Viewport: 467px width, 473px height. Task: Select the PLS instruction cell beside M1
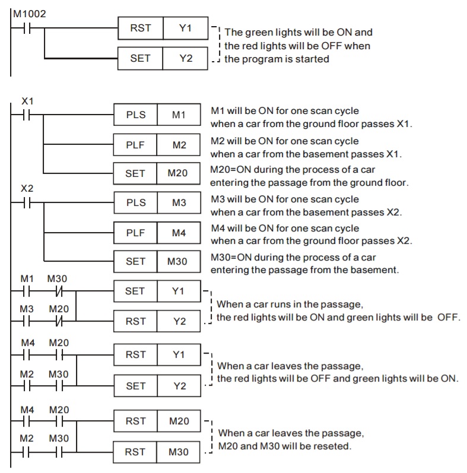[x=135, y=115]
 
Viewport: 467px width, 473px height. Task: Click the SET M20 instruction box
[x=157, y=173]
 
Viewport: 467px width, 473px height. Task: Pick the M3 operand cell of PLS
[x=179, y=202]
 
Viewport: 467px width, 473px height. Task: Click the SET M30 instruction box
[x=157, y=261]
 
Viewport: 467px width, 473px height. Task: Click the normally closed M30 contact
[x=58, y=291]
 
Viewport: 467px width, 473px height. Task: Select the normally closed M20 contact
[x=58, y=322]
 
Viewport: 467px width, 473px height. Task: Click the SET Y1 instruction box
[x=157, y=291]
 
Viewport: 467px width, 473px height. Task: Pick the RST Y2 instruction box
[x=157, y=321]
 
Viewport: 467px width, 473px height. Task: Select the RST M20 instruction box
[x=157, y=421]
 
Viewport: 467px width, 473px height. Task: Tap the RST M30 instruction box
[x=157, y=452]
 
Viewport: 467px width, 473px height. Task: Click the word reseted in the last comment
[x=334, y=446]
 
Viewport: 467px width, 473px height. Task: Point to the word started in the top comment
[x=311, y=59]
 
